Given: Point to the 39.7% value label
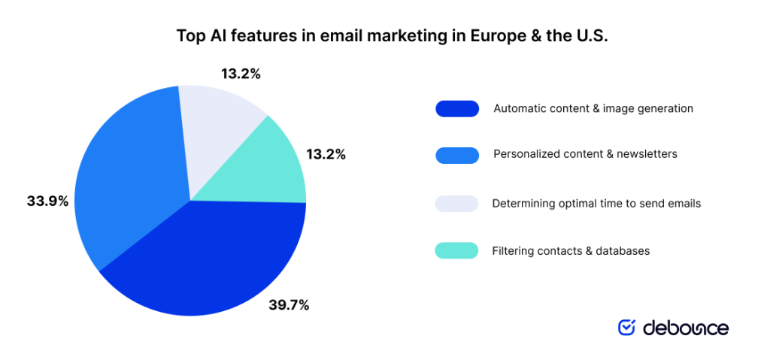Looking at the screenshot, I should pyautogui.click(x=289, y=304).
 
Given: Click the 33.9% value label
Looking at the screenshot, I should pyautogui.click(x=47, y=201).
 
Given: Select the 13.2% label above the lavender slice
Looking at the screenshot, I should pyautogui.click(x=241, y=74).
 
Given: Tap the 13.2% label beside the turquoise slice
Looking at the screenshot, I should pyautogui.click(x=326, y=154).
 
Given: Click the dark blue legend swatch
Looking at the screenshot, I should pyautogui.click(x=456, y=109).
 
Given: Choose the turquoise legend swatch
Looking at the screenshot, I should pyautogui.click(x=456, y=250).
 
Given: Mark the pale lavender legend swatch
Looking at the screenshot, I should pyautogui.click(x=456, y=204).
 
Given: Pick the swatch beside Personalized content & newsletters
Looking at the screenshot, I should pyautogui.click(x=456, y=155).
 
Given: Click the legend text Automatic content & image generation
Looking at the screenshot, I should pyautogui.click(x=593, y=108).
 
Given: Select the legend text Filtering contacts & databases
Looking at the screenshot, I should pyautogui.click(x=571, y=250).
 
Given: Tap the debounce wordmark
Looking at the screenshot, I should pyautogui.click(x=685, y=328).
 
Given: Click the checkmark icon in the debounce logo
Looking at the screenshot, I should pyautogui.click(x=626, y=327).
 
